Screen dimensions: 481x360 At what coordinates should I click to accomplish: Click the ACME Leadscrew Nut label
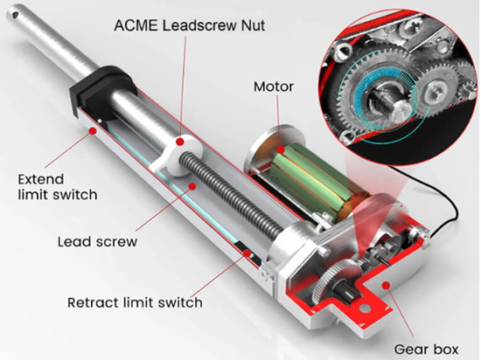click(189, 25)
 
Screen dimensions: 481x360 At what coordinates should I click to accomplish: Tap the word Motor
click(274, 87)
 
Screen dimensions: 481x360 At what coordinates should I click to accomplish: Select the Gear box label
click(426, 350)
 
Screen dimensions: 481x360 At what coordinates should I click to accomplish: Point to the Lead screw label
click(98, 242)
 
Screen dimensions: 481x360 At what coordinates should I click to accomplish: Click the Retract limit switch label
click(135, 302)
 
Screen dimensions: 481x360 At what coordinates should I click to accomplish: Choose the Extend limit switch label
click(58, 187)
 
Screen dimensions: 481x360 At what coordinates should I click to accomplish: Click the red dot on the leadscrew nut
click(180, 142)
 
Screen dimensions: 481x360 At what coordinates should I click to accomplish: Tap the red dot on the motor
click(281, 149)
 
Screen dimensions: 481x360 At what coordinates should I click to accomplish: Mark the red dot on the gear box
click(387, 286)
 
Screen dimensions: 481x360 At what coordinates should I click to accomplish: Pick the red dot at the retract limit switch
click(247, 253)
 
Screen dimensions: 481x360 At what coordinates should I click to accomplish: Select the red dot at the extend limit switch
click(93, 131)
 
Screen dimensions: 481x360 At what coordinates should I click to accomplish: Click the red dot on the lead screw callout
click(192, 186)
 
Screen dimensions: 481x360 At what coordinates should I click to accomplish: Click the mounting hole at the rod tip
click(14, 14)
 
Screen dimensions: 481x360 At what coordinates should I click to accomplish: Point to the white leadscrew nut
click(176, 155)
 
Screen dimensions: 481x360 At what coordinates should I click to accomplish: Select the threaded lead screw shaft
click(231, 195)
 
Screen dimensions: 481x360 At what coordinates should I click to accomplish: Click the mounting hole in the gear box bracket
click(364, 308)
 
